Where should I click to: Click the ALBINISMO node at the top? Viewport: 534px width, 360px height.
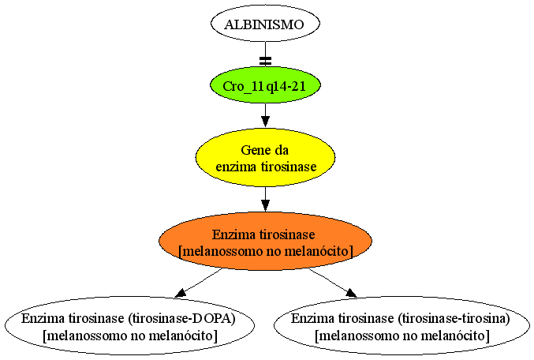(x=265, y=24)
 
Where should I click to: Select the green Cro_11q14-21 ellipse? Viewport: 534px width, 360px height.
(x=265, y=85)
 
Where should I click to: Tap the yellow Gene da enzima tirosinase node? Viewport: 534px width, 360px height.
(x=265, y=158)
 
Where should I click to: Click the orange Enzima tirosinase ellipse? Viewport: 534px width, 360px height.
(x=265, y=242)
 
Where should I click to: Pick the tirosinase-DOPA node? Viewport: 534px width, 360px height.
(x=130, y=326)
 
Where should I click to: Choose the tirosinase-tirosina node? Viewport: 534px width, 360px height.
(x=401, y=326)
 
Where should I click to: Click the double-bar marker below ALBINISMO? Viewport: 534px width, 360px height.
(x=265, y=61)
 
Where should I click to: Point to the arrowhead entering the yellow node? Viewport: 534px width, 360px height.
(x=265, y=122)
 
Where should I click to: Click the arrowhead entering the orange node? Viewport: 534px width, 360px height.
(x=265, y=205)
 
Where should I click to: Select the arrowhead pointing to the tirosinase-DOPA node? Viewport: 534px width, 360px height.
(x=180, y=293)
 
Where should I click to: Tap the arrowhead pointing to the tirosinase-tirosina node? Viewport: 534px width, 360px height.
(x=351, y=293)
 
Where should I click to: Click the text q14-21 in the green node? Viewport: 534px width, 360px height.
(x=286, y=86)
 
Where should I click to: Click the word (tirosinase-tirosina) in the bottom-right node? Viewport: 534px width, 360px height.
(x=454, y=319)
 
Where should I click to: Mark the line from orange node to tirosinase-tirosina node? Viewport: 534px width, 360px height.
(x=333, y=283)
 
